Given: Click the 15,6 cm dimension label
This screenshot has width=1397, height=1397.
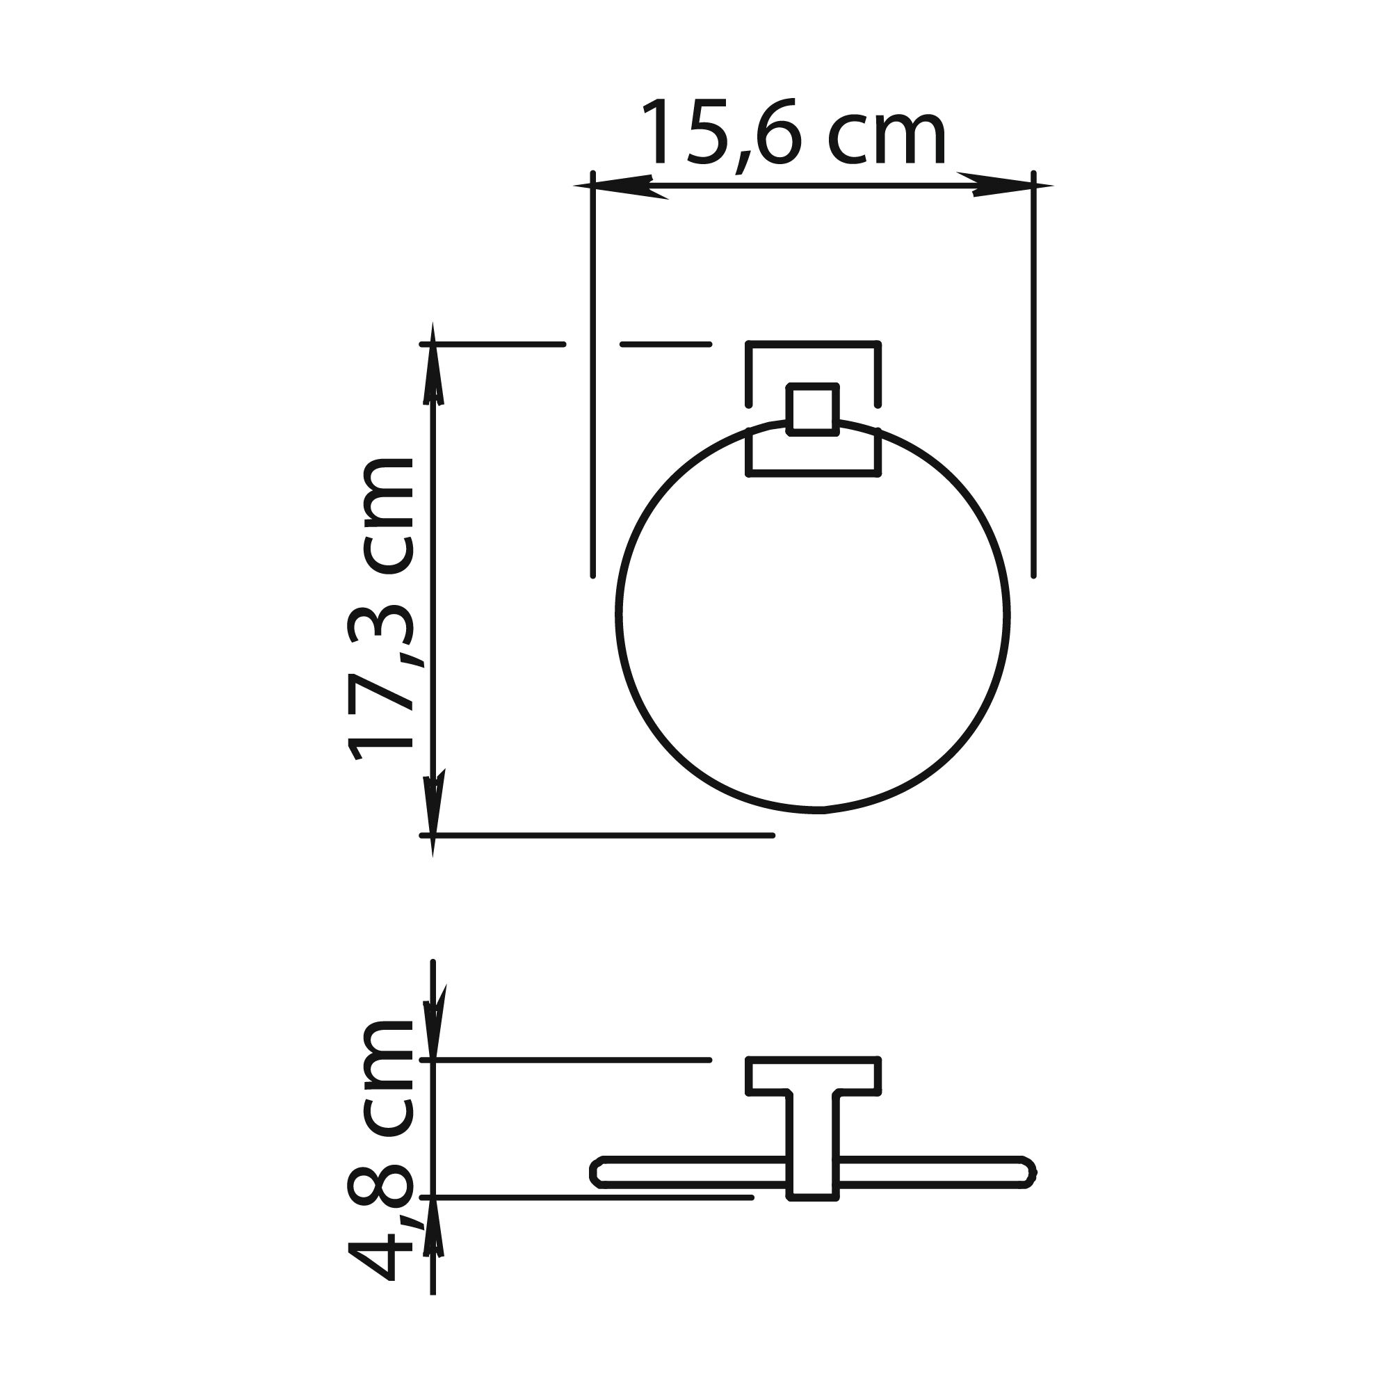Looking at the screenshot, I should pyautogui.click(x=794, y=134).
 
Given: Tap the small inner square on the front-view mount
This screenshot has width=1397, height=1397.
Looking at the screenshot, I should pyautogui.click(x=813, y=410).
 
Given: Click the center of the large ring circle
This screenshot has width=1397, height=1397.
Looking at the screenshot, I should pyautogui.click(x=814, y=615).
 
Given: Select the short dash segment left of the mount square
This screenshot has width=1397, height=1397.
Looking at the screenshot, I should pyautogui.click(x=666, y=344).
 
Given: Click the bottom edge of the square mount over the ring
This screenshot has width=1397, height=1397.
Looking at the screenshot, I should pyautogui.click(x=813, y=474).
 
